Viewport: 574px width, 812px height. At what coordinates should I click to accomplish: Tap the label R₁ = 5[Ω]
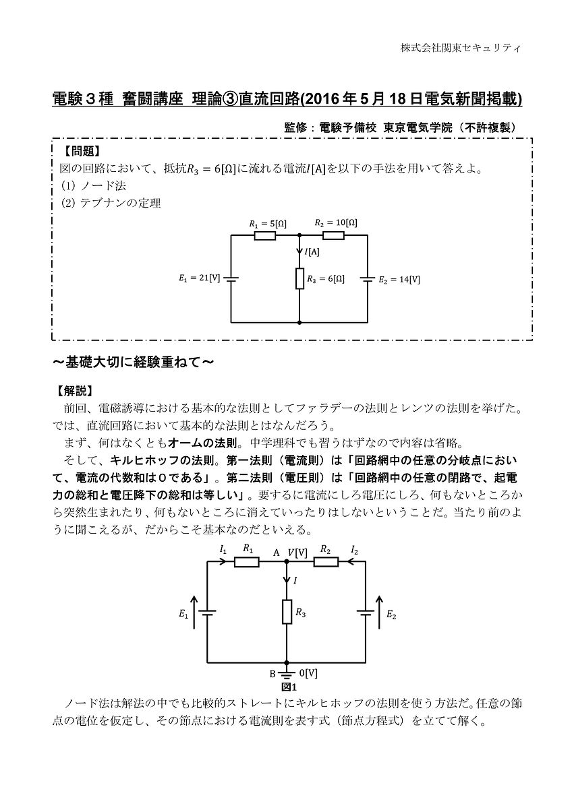[x=267, y=223]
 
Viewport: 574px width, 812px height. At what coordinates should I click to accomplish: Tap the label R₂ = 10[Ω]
[x=337, y=222]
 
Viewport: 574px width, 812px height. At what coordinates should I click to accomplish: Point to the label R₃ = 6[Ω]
[x=325, y=278]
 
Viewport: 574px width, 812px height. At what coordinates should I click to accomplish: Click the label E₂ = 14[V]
[x=399, y=278]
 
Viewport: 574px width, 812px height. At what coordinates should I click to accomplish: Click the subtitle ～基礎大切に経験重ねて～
[x=134, y=363]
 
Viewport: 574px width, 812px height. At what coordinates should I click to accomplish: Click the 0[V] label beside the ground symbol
[x=308, y=673]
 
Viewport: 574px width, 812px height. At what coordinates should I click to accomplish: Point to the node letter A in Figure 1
[x=276, y=552]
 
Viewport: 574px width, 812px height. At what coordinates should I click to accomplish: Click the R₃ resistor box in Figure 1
[x=287, y=613]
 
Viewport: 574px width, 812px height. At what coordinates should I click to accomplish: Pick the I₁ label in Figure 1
[x=223, y=550]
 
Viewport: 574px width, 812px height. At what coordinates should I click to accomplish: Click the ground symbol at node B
[x=287, y=673]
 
